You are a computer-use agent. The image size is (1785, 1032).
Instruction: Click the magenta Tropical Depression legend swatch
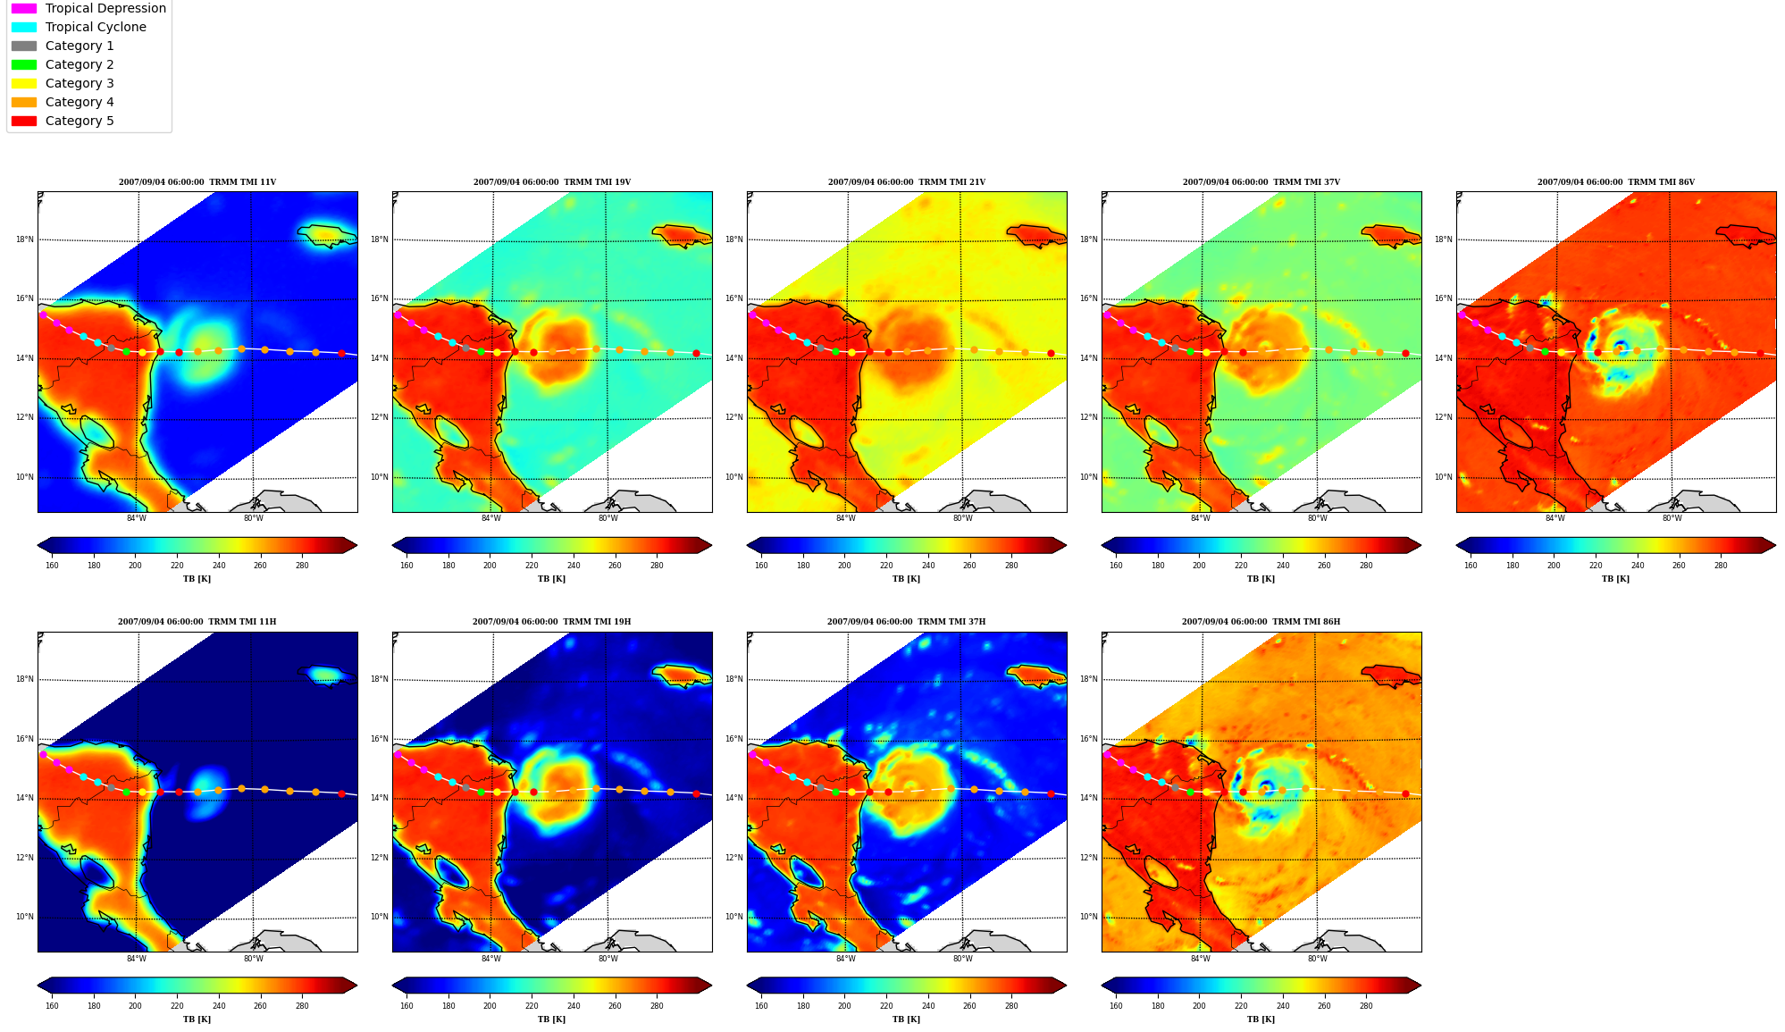coord(24,8)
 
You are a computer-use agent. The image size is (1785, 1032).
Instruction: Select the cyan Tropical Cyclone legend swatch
coord(24,27)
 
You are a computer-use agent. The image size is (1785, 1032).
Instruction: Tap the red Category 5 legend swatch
coord(24,121)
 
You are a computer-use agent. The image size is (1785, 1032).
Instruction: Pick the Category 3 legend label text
coord(80,83)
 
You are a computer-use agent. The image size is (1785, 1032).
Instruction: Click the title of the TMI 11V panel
coord(197,182)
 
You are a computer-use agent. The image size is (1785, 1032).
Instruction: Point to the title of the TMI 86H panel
coord(1261,622)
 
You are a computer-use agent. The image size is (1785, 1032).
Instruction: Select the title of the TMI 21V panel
coord(907,182)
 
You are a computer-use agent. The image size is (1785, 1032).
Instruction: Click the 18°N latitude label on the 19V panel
coord(380,239)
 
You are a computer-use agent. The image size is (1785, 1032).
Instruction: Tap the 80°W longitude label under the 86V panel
coord(1672,518)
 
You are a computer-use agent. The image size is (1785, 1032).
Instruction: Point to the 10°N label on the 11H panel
coord(25,917)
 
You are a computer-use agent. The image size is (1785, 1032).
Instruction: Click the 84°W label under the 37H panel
coord(845,959)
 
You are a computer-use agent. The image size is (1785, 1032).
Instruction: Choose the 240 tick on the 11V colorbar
coord(219,565)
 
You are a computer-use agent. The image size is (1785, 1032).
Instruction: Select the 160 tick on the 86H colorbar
coord(1116,1006)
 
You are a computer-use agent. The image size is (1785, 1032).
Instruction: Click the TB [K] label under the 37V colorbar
coord(1261,579)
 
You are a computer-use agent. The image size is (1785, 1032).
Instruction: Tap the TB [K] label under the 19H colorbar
coord(551,1019)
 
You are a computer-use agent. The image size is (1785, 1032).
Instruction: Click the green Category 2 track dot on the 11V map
coord(126,351)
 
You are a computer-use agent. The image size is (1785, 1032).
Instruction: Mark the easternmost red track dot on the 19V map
coord(696,353)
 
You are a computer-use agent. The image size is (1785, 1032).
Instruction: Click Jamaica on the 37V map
coord(1391,235)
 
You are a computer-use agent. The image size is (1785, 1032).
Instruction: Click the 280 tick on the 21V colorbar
coord(1011,565)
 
